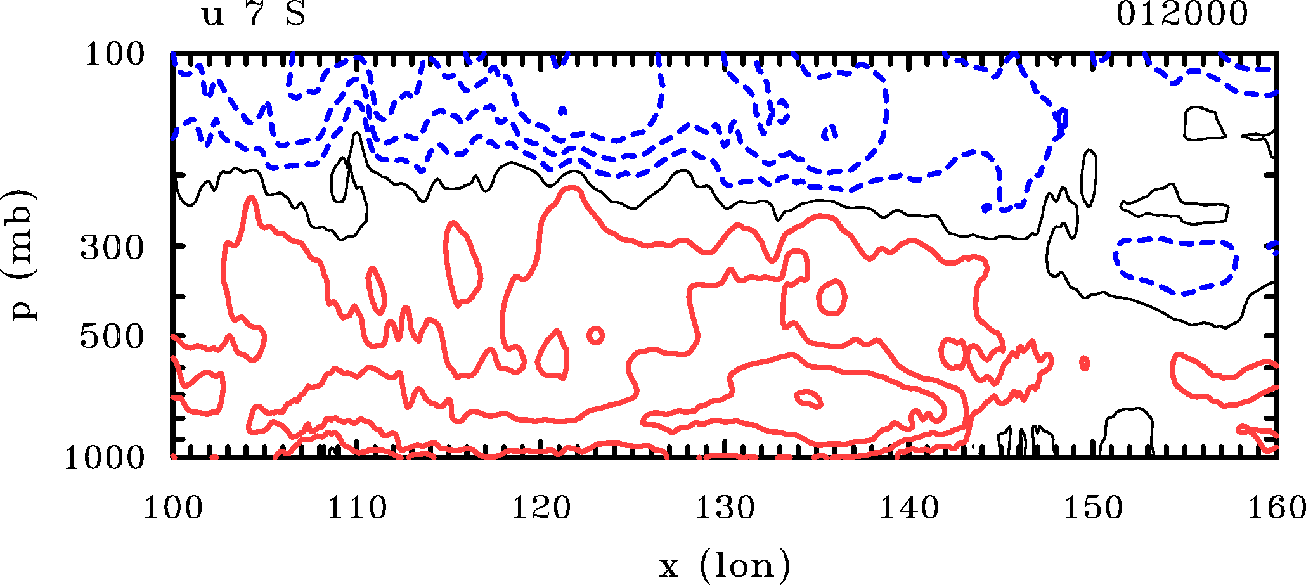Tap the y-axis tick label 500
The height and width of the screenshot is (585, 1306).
[112, 338]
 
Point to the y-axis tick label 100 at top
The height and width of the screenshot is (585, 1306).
[115, 55]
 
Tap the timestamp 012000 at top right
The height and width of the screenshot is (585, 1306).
[1182, 15]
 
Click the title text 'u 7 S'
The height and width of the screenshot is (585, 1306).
[254, 15]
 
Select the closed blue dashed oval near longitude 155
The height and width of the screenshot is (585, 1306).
[1176, 266]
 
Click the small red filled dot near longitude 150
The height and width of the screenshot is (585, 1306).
[1084, 363]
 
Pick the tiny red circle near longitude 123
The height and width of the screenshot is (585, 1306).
[595, 335]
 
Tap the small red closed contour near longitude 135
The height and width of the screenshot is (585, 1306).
[831, 297]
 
